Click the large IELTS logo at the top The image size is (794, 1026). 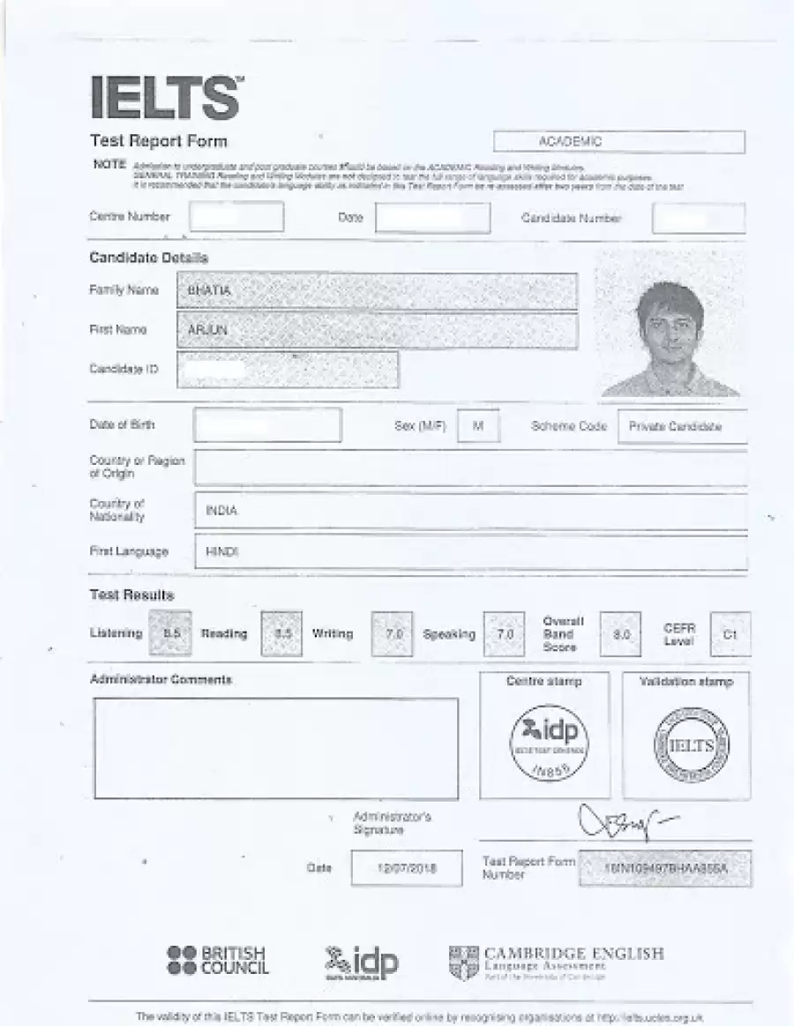(x=165, y=97)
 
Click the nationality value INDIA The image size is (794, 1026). (x=221, y=511)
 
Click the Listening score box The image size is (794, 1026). (x=171, y=633)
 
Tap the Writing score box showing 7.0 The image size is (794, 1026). (x=393, y=634)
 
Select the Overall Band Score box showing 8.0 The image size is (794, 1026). (x=620, y=634)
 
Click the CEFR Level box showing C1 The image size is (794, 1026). (x=730, y=634)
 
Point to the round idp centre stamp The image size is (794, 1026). (x=549, y=741)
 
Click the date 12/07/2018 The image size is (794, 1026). (x=406, y=868)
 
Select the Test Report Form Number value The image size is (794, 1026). (x=665, y=869)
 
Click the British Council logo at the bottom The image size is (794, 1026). (x=217, y=961)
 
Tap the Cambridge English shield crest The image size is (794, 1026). (x=463, y=962)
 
